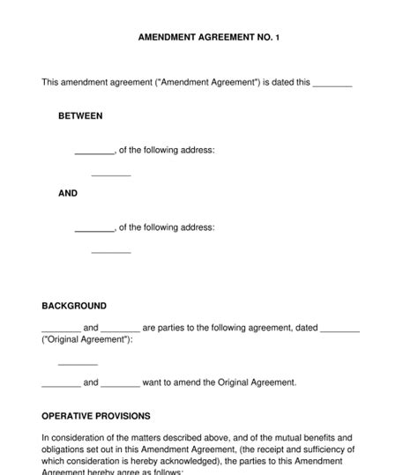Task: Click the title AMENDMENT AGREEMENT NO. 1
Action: (209, 39)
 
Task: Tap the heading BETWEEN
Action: (80, 116)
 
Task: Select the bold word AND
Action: (68, 193)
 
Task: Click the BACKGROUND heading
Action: (74, 307)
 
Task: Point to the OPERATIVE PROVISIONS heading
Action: (96, 416)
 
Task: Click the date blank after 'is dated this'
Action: (332, 84)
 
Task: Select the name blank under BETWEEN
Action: (94, 152)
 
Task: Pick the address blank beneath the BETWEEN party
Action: (111, 174)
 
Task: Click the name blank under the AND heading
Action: (94, 228)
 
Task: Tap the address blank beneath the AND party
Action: (111, 251)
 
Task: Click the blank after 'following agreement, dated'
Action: (340, 329)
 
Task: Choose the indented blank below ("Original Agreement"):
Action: (78, 362)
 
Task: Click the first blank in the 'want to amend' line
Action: (61, 383)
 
